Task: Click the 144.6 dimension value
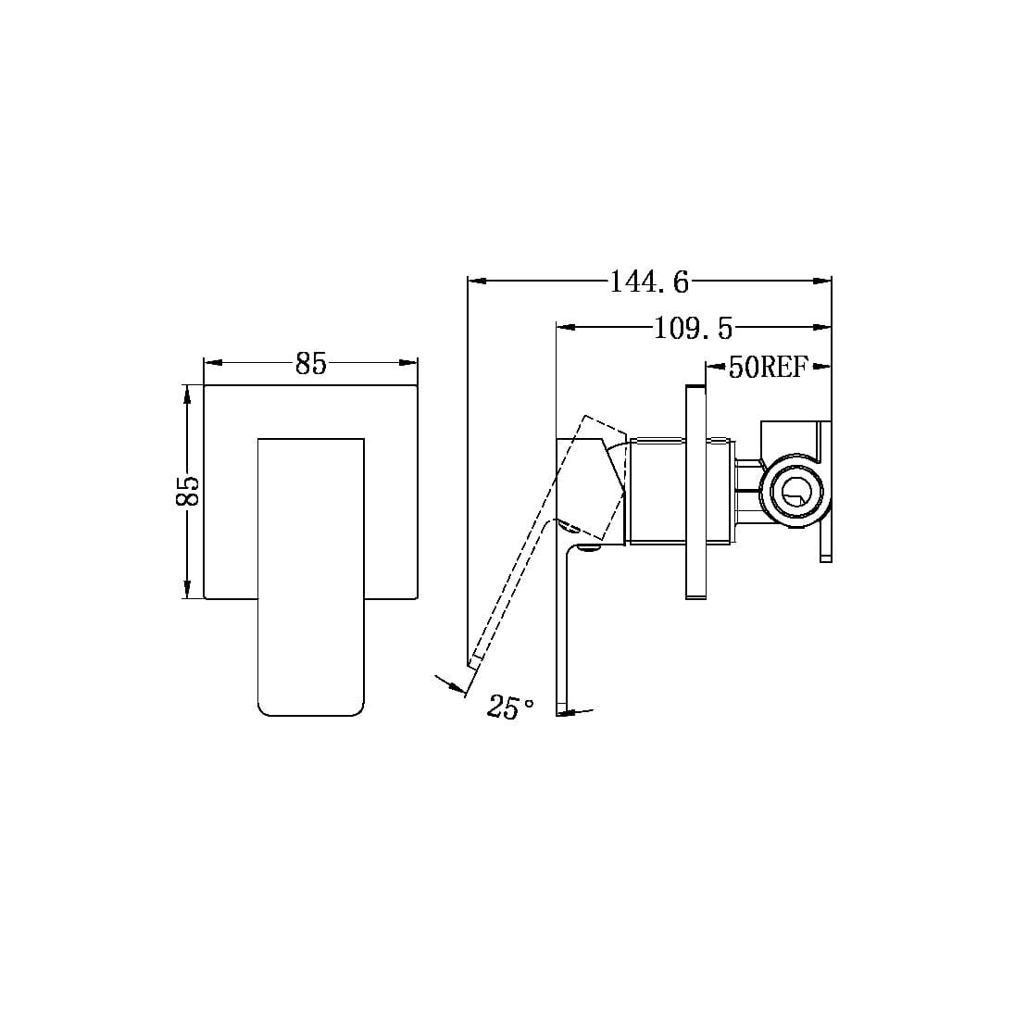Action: pos(649,282)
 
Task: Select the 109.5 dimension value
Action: pos(693,328)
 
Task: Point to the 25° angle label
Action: pos(510,708)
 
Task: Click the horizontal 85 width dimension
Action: pos(311,364)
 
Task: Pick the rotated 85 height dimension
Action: pos(187,491)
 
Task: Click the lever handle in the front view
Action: pos(310,574)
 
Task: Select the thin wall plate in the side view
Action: pos(696,491)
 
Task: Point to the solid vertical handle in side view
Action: pos(563,630)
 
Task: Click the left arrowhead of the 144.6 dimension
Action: pos(476,279)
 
